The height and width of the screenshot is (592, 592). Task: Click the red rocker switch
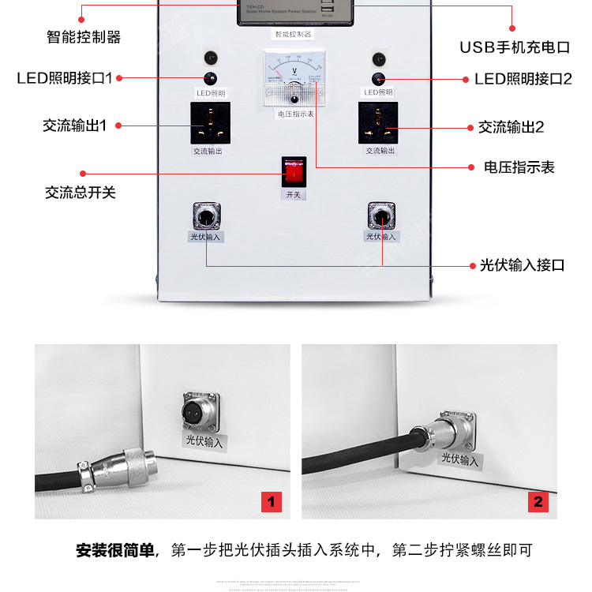tap(294, 170)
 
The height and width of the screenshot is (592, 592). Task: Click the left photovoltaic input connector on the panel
tap(206, 215)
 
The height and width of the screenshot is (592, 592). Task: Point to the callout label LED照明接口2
tap(523, 79)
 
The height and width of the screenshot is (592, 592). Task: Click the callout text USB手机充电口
tap(514, 47)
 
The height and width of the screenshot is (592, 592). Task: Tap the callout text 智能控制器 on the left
tap(84, 36)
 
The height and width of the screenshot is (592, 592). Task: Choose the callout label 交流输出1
tap(74, 126)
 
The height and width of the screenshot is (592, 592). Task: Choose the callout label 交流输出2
tap(511, 127)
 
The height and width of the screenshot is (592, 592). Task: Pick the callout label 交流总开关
tap(81, 192)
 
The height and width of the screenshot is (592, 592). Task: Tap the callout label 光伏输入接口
tap(522, 265)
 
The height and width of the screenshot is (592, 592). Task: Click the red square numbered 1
tap(271, 501)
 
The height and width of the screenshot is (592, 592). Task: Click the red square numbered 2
tap(538, 501)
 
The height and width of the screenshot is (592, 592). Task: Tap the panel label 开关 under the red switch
tap(293, 194)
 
